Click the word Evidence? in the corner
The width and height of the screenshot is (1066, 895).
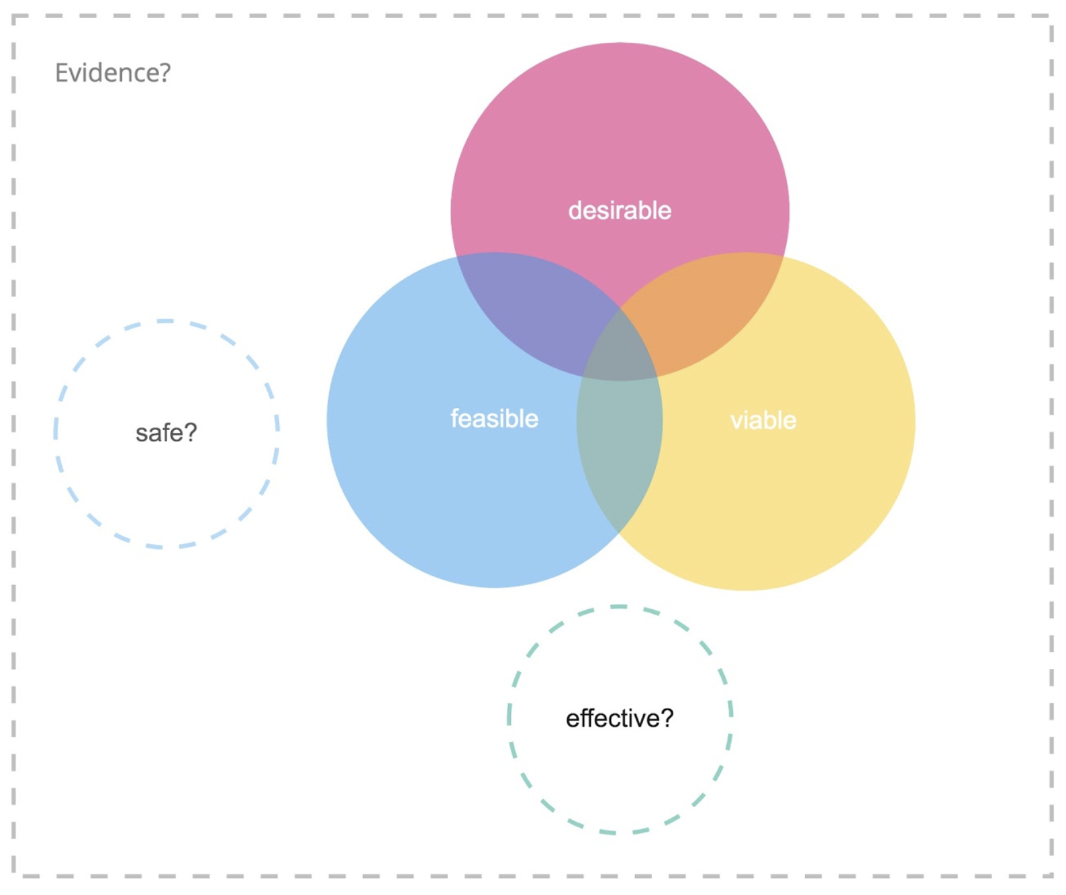point(113,73)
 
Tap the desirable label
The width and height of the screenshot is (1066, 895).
point(620,211)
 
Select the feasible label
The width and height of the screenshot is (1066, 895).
point(494,419)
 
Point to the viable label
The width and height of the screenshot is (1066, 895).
point(763,421)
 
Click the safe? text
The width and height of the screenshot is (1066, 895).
point(166,433)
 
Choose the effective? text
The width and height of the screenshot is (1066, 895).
point(620,719)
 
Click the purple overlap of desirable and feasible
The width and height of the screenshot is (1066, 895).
point(531,306)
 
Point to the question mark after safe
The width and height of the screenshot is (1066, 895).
point(191,433)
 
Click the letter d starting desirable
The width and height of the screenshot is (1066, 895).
point(575,211)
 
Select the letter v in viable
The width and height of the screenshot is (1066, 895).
point(737,421)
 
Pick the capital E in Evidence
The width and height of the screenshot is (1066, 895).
point(61,73)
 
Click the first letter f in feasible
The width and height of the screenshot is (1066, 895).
point(454,419)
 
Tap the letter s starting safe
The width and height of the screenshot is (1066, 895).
point(142,434)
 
